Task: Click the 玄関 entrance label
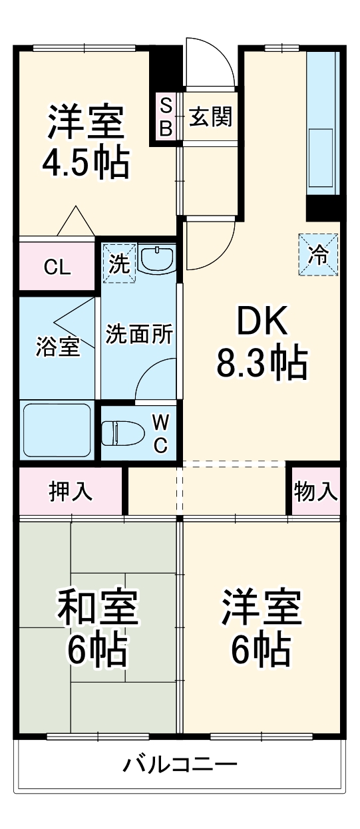[210, 117]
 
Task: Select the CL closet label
[57, 267]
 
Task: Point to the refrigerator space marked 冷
[319, 254]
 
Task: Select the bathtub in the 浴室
[57, 429]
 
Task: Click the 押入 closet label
[71, 492]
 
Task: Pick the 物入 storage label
[316, 492]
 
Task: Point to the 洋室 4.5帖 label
[86, 142]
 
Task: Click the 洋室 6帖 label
[262, 629]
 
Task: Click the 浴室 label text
[57, 346]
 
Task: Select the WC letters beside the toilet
[160, 433]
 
